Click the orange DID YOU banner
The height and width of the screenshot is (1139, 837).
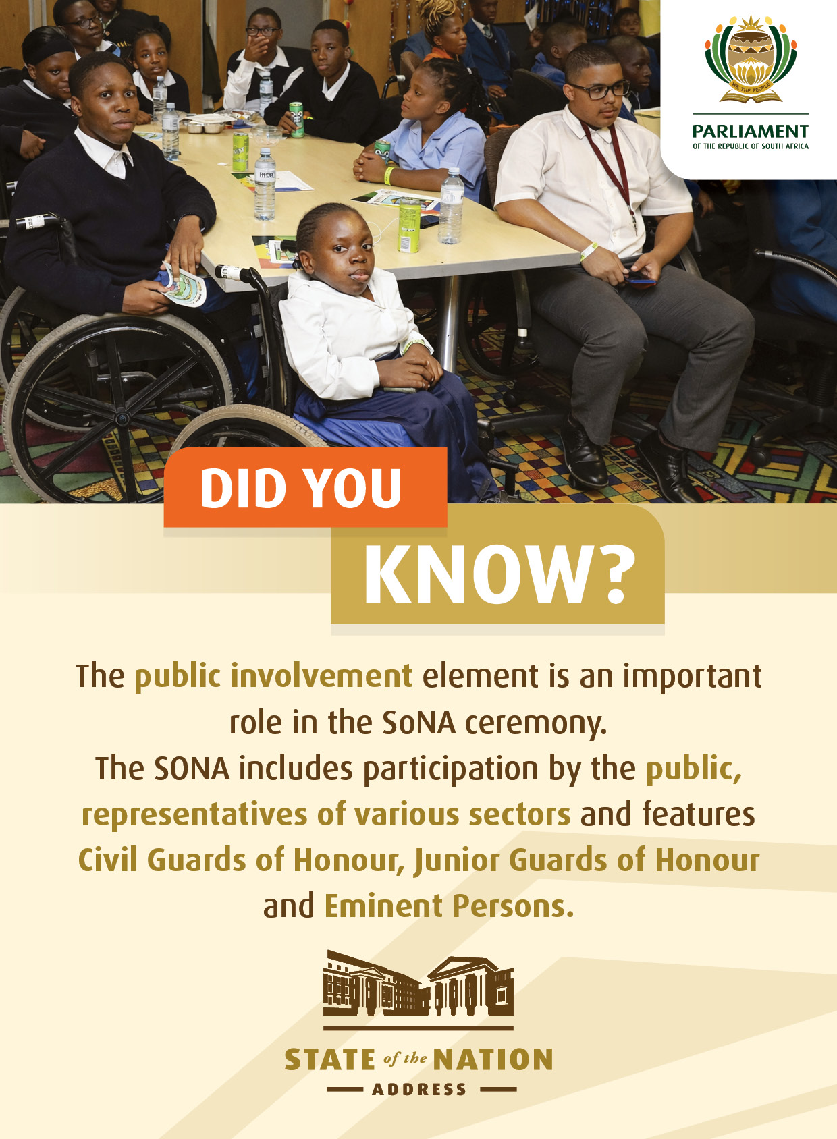[x=305, y=487]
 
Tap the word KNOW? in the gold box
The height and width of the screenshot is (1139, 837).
[x=500, y=575]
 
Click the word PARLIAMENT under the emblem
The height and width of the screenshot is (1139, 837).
[x=750, y=131]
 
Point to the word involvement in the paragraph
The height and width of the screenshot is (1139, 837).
[x=321, y=675]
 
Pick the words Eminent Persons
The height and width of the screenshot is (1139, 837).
[x=450, y=906]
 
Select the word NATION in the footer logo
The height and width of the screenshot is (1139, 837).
[x=493, y=1059]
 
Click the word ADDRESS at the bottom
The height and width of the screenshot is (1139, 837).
[x=418, y=1090]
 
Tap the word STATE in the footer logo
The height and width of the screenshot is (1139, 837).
[x=329, y=1059]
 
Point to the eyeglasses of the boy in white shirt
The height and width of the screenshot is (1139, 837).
[x=600, y=90]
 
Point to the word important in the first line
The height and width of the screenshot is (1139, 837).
[x=692, y=677]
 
